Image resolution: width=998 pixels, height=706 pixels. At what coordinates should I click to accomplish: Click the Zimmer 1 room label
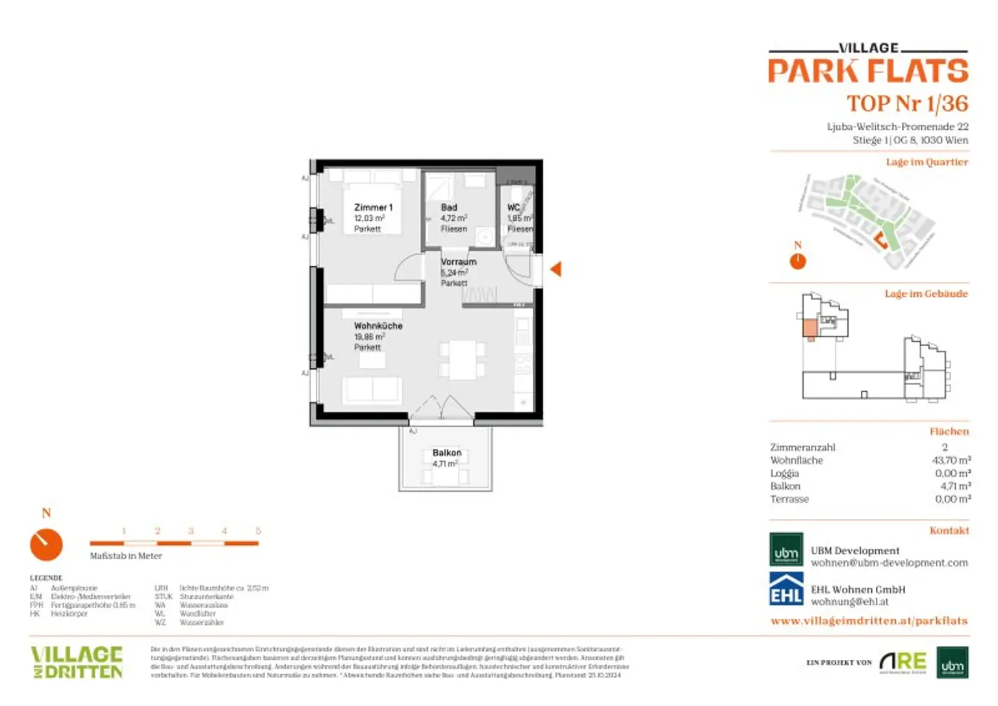373,207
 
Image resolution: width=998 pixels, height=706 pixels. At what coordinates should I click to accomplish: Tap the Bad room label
449,207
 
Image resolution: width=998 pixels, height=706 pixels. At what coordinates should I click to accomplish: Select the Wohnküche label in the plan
378,325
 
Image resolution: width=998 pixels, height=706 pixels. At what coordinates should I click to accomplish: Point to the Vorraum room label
458,262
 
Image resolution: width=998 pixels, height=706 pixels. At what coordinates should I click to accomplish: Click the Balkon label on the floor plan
447,453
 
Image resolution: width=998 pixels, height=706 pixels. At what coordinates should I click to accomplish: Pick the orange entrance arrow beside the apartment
556,269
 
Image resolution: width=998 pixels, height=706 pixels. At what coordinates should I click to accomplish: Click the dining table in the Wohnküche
462,360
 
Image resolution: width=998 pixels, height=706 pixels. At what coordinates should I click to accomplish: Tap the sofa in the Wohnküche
372,389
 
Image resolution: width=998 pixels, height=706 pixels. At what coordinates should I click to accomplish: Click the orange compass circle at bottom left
46,544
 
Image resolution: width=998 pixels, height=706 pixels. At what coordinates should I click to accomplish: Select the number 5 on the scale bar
258,531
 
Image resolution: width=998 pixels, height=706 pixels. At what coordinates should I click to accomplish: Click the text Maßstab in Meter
126,556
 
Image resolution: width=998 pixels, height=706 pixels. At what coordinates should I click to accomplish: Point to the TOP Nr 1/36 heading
907,103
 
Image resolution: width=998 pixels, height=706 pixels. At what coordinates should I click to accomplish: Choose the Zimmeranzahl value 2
945,447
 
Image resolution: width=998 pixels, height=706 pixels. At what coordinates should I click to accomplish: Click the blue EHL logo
786,588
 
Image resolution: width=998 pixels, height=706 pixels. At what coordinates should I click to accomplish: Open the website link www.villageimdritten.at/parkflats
869,621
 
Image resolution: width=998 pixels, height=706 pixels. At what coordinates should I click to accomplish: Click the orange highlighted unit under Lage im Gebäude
810,328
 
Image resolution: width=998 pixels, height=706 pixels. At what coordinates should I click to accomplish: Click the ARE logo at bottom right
902,662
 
